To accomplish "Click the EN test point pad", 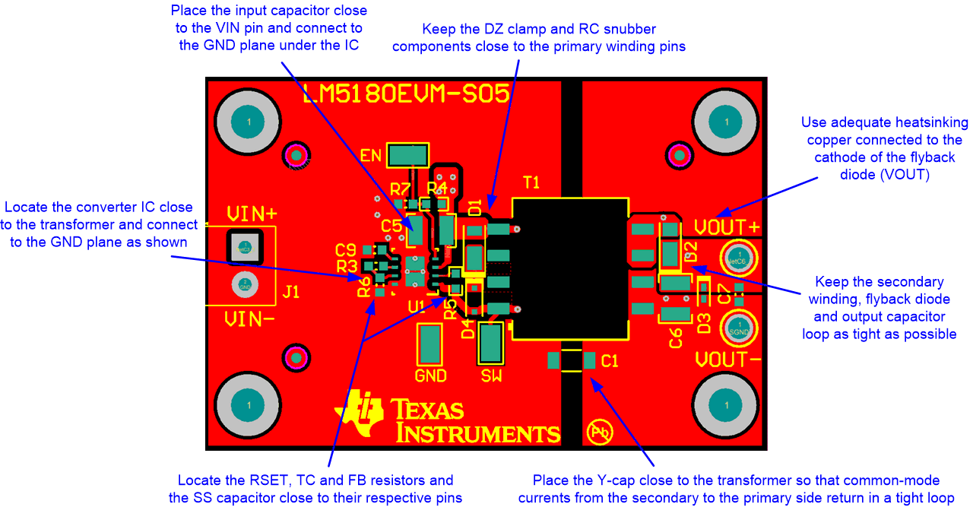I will pos(408,155).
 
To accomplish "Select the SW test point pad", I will pos(490,343).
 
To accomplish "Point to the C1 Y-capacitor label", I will pos(610,362).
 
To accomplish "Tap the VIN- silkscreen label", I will pos(249,320).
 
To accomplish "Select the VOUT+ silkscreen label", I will pos(727,227).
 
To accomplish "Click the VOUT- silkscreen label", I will pos(727,359).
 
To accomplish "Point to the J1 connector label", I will pos(290,291).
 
